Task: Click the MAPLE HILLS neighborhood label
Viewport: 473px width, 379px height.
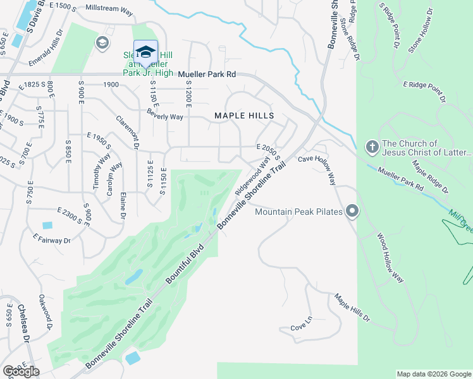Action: click(x=244, y=116)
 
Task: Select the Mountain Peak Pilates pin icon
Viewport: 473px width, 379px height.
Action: click(x=352, y=212)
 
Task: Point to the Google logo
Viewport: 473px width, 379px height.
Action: click(x=21, y=371)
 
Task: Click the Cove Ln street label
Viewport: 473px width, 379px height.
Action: click(x=302, y=327)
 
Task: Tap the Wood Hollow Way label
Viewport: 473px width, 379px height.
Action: click(x=390, y=258)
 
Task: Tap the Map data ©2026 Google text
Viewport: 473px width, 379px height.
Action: click(x=433, y=374)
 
